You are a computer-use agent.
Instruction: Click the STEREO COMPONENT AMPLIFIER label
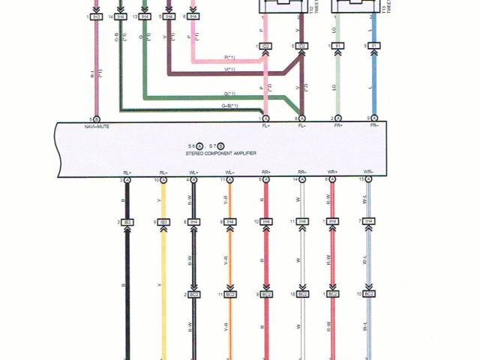point(221,153)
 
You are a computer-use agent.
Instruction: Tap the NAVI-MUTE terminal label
point(97,127)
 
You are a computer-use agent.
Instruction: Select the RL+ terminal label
point(126,172)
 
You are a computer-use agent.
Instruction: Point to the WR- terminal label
point(368,172)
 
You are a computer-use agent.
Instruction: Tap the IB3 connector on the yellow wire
point(163,222)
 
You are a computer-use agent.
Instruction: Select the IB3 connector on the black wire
point(127,222)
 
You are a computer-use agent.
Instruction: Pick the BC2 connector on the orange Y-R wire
point(230,295)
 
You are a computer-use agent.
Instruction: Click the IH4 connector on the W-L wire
point(368,222)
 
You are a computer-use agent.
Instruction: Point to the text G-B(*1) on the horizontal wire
point(232,106)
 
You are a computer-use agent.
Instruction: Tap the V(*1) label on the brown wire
point(230,70)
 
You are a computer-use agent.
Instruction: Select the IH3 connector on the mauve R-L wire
point(96,16)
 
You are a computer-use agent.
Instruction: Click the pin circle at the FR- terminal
point(373,118)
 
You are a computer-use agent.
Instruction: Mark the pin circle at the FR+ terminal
point(337,118)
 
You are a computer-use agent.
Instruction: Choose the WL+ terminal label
point(194,172)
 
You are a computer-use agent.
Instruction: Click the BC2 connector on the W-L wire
point(368,295)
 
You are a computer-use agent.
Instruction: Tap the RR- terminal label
point(302,172)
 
